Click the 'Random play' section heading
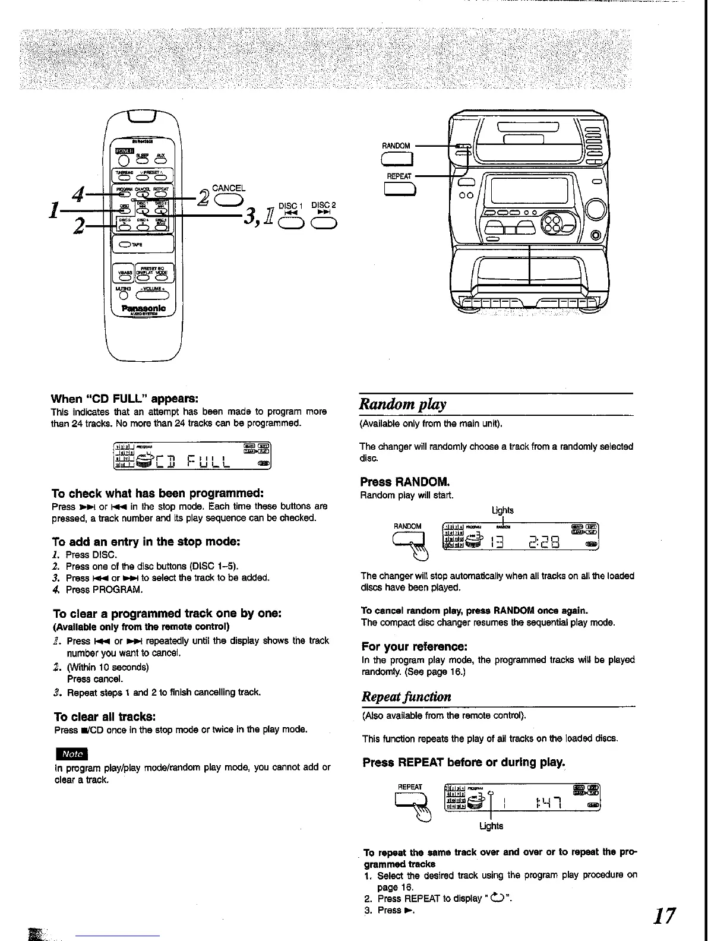403,405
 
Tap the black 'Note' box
71,754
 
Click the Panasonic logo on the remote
143,308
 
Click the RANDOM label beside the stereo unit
396,146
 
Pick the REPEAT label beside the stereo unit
399,176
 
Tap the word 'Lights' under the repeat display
491,826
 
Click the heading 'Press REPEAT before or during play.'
463,762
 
